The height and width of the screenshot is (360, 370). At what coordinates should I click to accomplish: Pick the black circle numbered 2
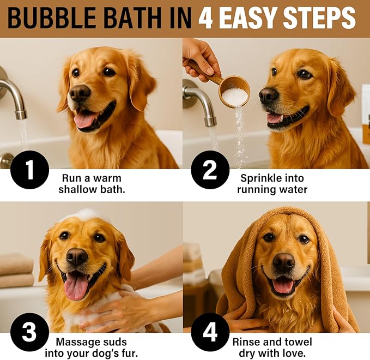(x=210, y=170)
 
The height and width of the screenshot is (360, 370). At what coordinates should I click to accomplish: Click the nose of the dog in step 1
(x=80, y=93)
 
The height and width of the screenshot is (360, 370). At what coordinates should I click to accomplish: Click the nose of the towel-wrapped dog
(x=283, y=262)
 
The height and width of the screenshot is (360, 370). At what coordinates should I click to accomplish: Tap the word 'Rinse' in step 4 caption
(x=245, y=342)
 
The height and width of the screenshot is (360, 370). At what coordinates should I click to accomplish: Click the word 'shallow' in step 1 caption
(x=76, y=189)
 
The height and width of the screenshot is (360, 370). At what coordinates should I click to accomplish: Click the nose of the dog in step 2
(x=268, y=96)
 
